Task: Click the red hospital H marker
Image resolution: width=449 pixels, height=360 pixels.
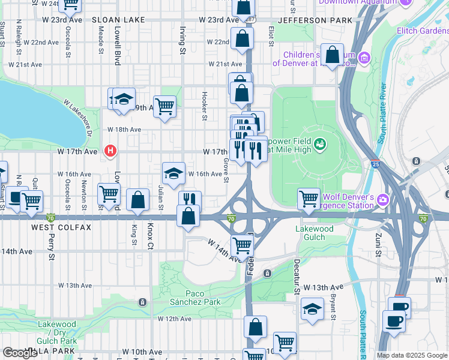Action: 110,151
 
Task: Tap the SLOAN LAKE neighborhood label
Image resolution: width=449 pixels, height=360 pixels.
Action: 118,20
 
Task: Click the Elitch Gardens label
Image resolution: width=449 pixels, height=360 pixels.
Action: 422,30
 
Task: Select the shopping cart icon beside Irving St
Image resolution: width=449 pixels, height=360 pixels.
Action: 164,107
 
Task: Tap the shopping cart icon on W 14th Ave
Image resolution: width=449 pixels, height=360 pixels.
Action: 242,244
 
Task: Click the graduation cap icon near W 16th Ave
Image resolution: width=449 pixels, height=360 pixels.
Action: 173,173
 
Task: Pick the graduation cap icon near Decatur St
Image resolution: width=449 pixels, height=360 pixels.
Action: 312,309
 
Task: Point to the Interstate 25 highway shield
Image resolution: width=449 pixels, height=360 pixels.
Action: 375,163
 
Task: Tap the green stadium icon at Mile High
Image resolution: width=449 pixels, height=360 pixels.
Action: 320,144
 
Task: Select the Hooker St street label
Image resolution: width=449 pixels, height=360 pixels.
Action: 205,106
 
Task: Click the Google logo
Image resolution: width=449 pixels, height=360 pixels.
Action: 20,353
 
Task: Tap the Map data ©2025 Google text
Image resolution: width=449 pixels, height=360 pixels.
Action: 411,355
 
